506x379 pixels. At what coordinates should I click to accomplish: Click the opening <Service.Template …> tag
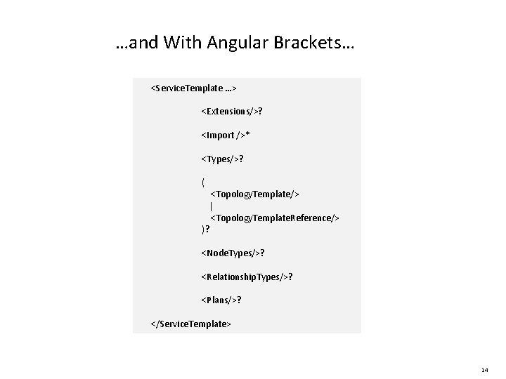click(193, 88)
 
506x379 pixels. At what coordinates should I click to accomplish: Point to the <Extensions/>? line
click(232, 112)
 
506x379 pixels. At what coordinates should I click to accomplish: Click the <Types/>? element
click(222, 159)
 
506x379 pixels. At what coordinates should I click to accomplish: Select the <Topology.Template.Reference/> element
click(275, 218)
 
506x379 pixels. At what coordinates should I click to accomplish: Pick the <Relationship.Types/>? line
click(247, 277)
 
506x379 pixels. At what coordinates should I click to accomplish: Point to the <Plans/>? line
click(221, 300)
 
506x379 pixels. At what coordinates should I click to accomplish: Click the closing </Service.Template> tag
click(190, 324)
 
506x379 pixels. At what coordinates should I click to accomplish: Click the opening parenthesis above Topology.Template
click(203, 182)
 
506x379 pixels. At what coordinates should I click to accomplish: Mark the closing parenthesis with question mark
click(205, 230)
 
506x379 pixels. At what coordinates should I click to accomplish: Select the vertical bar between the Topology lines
click(212, 206)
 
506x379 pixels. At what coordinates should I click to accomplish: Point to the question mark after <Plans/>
click(239, 300)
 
